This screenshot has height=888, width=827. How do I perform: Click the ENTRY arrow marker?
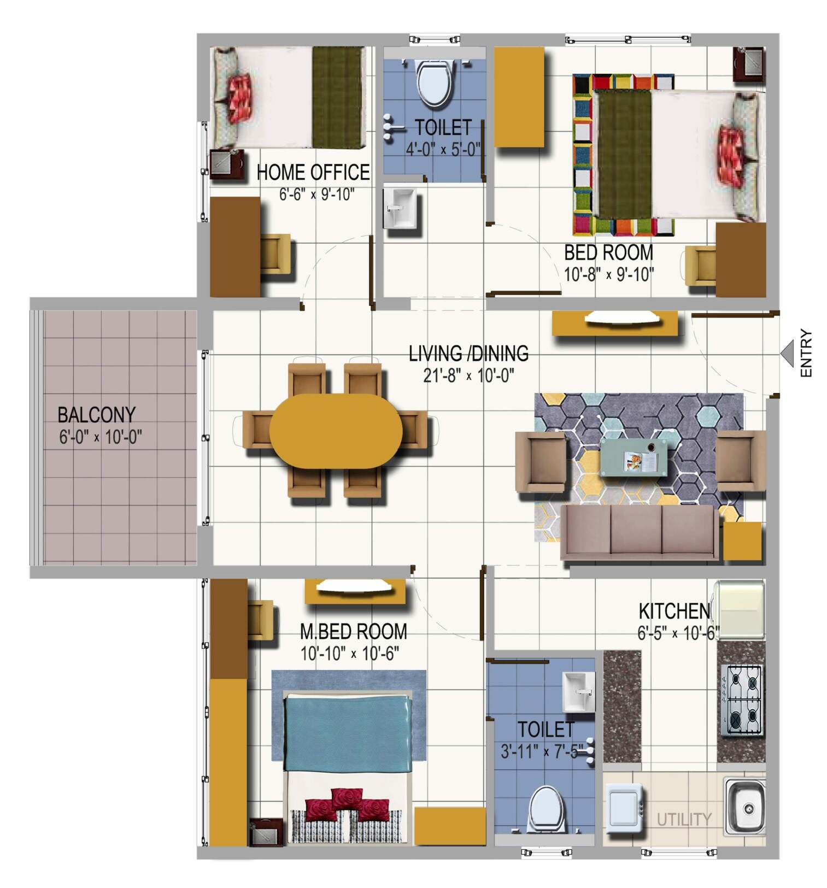click(x=787, y=352)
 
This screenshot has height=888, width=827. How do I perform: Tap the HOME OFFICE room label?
click(x=313, y=172)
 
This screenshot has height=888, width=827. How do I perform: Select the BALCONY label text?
click(x=96, y=415)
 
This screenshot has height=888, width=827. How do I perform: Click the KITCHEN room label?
click(x=674, y=611)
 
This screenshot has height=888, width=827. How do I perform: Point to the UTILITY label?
click(x=684, y=820)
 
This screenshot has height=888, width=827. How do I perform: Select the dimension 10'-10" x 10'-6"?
click(x=350, y=653)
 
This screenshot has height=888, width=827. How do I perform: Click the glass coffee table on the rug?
click(x=633, y=457)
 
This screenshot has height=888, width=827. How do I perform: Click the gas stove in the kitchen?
click(x=741, y=701)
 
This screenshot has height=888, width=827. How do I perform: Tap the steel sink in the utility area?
click(x=744, y=807)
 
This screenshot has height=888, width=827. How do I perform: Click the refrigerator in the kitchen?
click(x=738, y=609)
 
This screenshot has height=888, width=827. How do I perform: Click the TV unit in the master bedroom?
click(x=355, y=591)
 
